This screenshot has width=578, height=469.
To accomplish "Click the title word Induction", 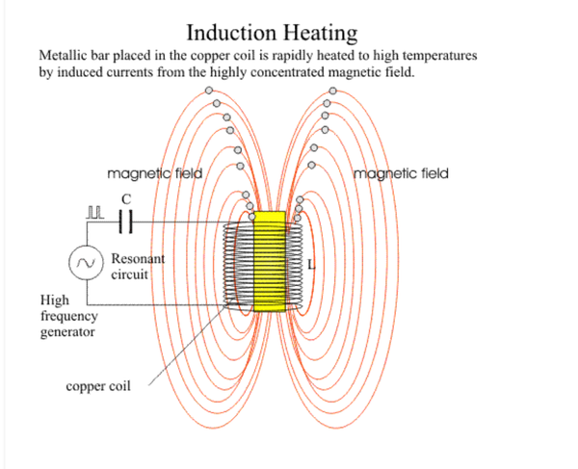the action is pyautogui.click(x=231, y=33).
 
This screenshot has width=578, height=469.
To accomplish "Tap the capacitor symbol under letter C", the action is pyautogui.click(x=125, y=221).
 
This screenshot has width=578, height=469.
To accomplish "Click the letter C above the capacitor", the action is pyautogui.click(x=126, y=199).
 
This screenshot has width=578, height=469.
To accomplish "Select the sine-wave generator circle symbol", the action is pyautogui.click(x=86, y=263).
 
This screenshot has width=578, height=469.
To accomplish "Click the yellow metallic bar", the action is pyautogui.click(x=270, y=262).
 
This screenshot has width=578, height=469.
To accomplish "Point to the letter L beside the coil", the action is pyautogui.click(x=311, y=264).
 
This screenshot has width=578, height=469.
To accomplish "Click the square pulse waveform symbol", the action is pyautogui.click(x=95, y=213).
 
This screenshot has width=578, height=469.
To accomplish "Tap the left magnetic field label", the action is pyautogui.click(x=155, y=173).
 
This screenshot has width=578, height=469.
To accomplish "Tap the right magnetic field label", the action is pyautogui.click(x=401, y=173).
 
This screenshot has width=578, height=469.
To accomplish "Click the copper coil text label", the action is pyautogui.click(x=98, y=386).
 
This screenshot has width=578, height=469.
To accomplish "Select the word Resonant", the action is pyautogui.click(x=138, y=259).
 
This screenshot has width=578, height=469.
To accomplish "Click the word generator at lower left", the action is pyautogui.click(x=67, y=332).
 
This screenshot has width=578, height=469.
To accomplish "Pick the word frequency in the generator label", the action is pyautogui.click(x=69, y=316).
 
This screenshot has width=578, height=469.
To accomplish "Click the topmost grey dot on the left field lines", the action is pyautogui.click(x=209, y=91).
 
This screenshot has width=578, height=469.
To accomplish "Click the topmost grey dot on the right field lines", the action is pyautogui.click(x=333, y=91).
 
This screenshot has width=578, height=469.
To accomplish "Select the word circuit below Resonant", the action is pyautogui.click(x=129, y=274).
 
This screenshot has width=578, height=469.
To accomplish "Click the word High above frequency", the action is pyautogui.click(x=55, y=300).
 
